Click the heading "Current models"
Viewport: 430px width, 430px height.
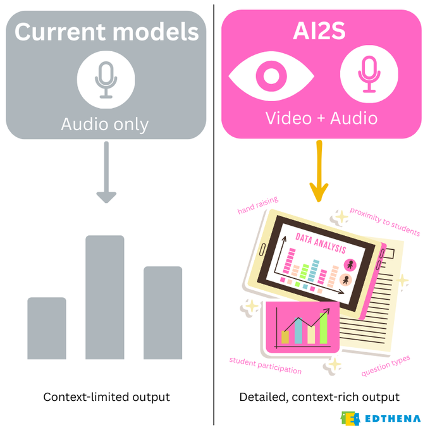106,32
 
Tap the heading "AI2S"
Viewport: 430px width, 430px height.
319,30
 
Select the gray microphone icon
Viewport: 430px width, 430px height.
106,79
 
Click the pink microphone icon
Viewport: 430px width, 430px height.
369,76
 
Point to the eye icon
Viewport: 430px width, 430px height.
271,76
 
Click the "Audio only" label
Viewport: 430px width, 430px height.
105,125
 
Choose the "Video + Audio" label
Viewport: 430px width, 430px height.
321,118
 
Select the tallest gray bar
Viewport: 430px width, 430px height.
105,297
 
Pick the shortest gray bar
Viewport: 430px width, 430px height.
47,328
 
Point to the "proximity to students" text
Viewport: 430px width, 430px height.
384,222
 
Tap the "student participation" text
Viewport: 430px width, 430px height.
265,365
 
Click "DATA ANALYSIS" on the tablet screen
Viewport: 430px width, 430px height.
321,240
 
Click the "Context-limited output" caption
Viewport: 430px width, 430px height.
106,397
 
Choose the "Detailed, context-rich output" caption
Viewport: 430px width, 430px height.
319,397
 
